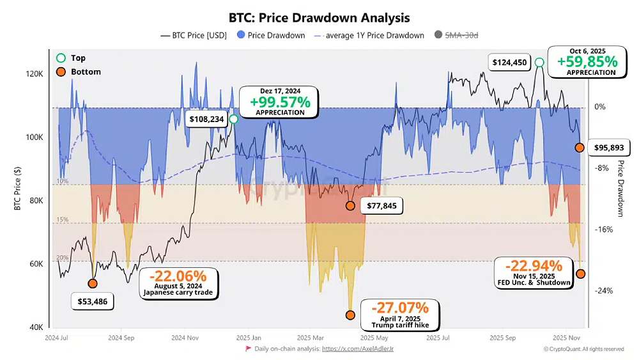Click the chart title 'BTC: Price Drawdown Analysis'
[x=319, y=18]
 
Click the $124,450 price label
[x=510, y=62]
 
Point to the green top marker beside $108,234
[x=234, y=119]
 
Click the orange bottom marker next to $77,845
[x=350, y=206]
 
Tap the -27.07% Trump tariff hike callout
[x=400, y=314]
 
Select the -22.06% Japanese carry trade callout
[x=178, y=282]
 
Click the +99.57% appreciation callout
[x=280, y=102]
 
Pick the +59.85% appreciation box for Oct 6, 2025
[x=587, y=61]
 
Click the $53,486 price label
[x=92, y=301]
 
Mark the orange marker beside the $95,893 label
[x=580, y=148]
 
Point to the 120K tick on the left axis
[x=34, y=74]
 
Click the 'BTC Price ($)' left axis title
[x=20, y=190]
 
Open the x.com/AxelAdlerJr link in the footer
[x=357, y=349]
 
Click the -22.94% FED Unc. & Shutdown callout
[x=534, y=272]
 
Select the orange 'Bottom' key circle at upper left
[x=61, y=72]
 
